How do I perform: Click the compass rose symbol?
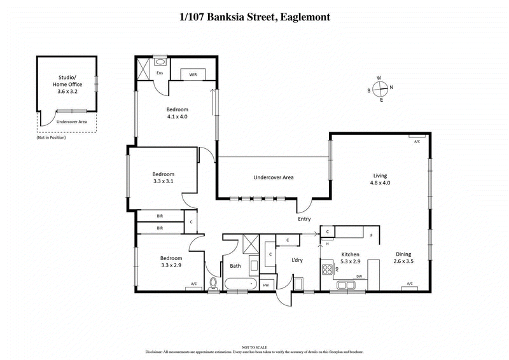click(x=379, y=89)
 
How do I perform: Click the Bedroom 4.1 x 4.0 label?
click(x=177, y=113)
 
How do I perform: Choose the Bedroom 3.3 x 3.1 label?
click(x=163, y=177)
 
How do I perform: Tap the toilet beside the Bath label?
click(x=212, y=282)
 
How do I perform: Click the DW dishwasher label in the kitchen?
click(x=359, y=276)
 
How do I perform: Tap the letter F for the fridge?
click(x=372, y=235)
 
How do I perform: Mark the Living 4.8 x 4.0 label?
click(x=380, y=179)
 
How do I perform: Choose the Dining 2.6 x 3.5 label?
click(x=403, y=257)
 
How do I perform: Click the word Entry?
click(x=304, y=219)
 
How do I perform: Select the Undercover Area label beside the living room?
click(x=273, y=177)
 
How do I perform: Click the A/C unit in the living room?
click(x=417, y=138)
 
